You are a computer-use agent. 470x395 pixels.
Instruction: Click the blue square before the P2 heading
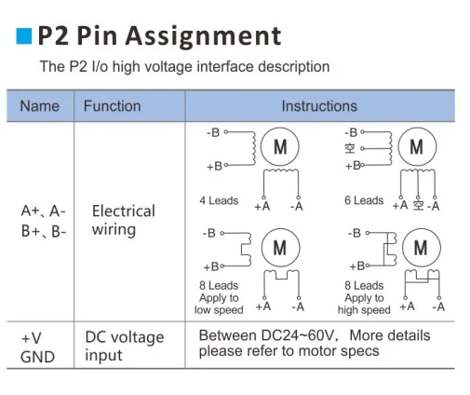click(21, 36)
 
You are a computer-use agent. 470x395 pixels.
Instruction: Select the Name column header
click(39, 106)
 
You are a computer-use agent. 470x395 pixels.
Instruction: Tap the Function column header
click(112, 106)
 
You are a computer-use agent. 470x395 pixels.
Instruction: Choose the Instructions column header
click(319, 106)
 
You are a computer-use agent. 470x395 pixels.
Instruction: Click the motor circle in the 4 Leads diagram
click(280, 147)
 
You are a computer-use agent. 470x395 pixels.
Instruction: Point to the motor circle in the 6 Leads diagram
click(416, 147)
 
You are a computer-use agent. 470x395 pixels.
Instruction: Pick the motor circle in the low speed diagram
click(280, 247)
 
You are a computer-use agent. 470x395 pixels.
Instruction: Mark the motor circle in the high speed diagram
click(420, 247)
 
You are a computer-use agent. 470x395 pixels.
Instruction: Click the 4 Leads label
click(219, 200)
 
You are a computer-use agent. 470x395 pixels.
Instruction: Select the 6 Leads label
click(364, 200)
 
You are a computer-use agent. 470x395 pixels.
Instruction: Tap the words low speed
click(219, 310)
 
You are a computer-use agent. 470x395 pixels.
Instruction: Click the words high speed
click(364, 310)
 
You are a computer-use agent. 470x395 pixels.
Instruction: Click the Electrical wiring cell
click(123, 220)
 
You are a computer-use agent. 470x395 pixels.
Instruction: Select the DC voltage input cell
click(124, 346)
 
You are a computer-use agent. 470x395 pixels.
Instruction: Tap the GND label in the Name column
click(37, 356)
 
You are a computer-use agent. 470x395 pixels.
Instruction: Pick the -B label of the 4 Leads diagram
click(213, 133)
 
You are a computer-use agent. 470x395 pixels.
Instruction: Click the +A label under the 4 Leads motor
click(262, 207)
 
